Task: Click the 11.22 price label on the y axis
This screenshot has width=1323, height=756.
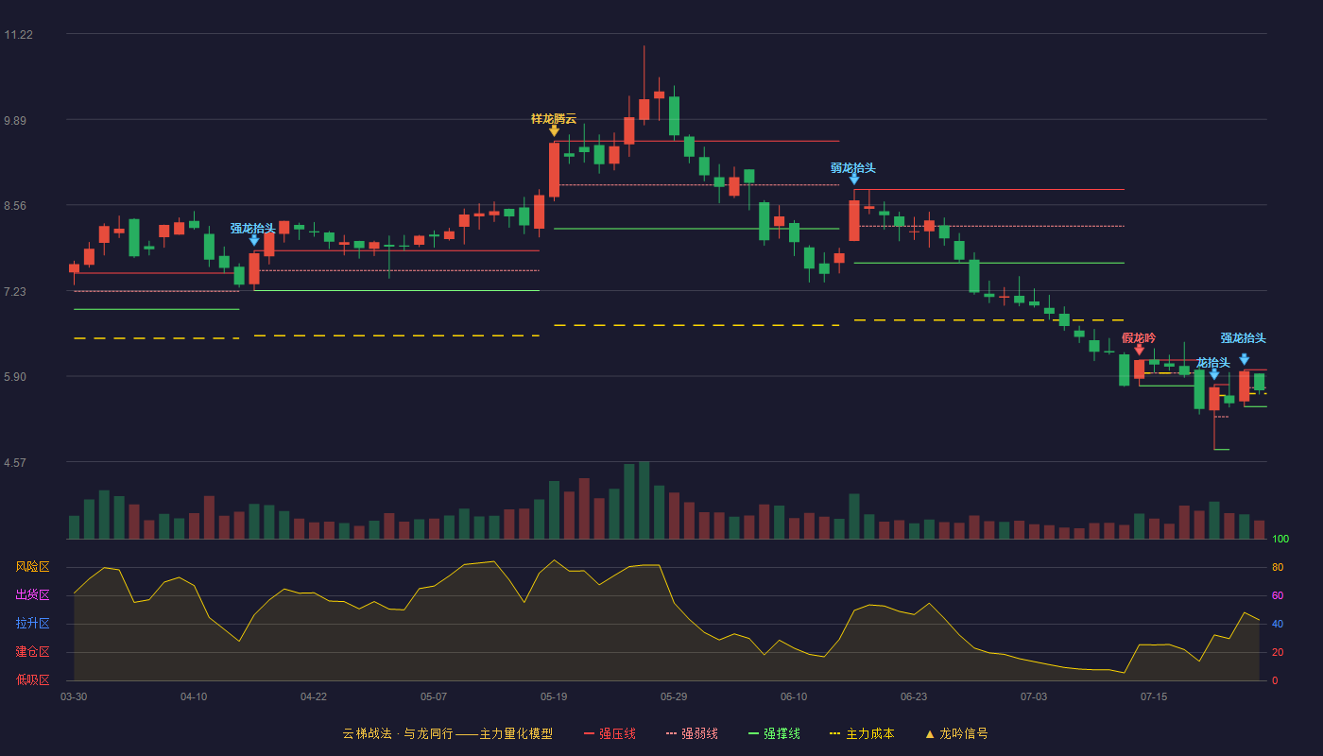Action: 18,35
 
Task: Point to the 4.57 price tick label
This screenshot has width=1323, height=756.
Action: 15,462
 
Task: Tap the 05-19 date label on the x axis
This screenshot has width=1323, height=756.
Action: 554,697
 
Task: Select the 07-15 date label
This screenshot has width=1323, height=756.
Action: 1154,697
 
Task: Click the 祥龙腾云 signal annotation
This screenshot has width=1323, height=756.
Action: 554,119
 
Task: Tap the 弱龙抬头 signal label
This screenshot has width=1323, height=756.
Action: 852,168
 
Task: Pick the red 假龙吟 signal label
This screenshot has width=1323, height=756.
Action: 1138,338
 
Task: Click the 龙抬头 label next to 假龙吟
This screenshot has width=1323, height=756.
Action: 1212,362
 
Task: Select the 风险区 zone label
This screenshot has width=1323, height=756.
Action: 32,566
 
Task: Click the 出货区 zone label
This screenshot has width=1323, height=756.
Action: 32,594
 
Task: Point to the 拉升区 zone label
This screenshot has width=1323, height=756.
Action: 32,623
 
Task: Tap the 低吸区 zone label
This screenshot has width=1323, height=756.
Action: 32,679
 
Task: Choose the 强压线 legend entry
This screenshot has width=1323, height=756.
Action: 610,733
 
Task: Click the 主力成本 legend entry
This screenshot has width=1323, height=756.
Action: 862,733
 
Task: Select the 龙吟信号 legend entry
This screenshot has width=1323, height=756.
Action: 956,733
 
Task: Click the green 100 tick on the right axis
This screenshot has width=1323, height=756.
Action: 1280,539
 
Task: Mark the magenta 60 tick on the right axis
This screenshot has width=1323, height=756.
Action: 1278,595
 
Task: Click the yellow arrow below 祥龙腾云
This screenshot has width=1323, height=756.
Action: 554,130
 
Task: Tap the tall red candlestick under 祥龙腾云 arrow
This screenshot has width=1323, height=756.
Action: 554,170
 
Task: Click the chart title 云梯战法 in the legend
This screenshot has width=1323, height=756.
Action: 367,733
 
